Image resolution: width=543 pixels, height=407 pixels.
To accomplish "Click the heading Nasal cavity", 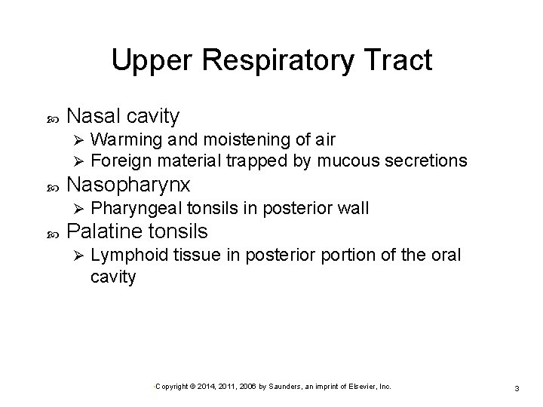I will tap(123, 116).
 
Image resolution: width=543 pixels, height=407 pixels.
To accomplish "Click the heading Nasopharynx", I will tap(128, 185).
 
